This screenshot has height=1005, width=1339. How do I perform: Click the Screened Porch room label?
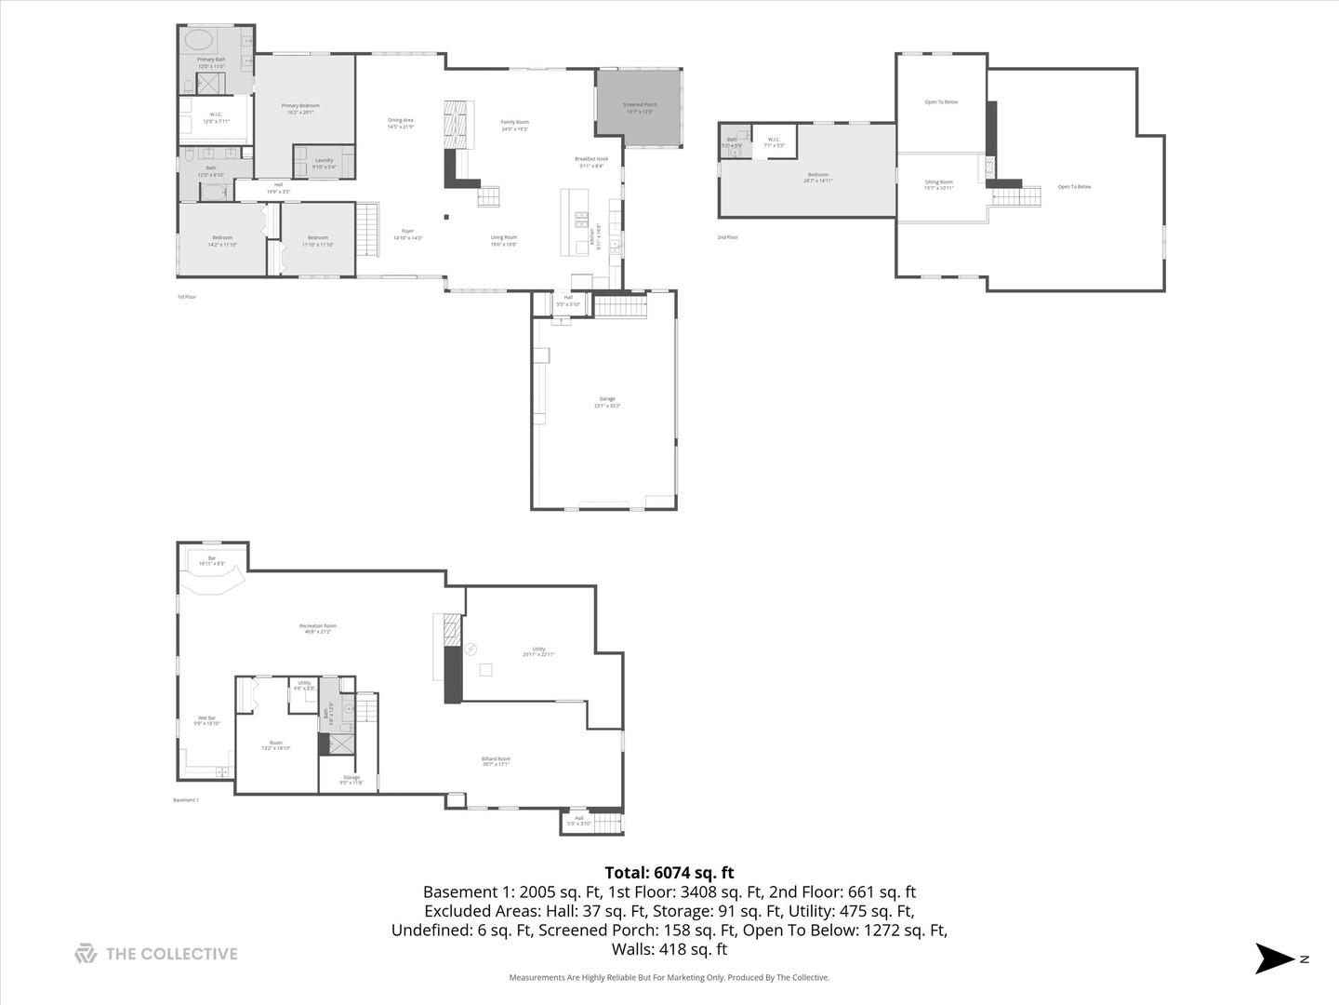(640, 105)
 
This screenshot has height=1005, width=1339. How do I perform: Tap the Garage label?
(607, 399)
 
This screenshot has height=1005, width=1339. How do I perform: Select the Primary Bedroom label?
(300, 106)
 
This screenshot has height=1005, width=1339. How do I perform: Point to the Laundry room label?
(324, 161)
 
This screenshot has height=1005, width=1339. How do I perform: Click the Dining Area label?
(401, 120)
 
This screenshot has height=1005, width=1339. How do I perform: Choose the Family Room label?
(515, 123)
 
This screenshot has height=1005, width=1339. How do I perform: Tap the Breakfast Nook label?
(591, 159)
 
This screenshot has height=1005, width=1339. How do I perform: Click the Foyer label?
(407, 232)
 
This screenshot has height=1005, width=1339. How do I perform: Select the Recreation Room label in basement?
(318, 626)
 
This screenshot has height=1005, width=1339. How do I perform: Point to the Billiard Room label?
(496, 759)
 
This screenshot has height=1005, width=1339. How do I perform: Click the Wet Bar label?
(206, 718)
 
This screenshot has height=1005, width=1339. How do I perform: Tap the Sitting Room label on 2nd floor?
(939, 182)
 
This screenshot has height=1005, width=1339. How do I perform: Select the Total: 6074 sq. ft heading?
(669, 873)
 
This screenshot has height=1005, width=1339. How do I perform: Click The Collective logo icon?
(86, 954)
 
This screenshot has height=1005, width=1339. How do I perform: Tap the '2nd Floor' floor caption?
(727, 237)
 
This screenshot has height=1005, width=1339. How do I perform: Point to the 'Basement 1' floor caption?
(186, 800)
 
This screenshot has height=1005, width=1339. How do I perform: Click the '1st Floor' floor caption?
(187, 297)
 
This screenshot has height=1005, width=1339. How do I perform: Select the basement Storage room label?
(351, 777)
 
